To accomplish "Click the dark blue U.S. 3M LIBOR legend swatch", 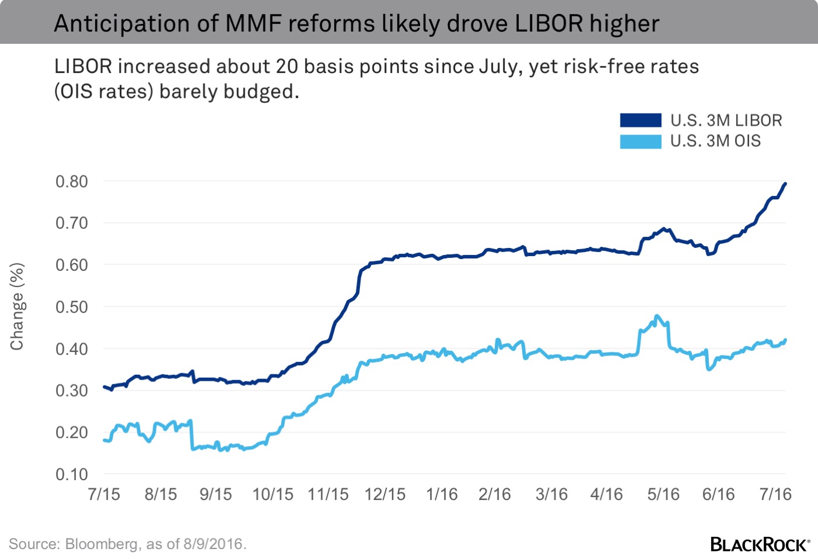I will pyautogui.click(x=640, y=120).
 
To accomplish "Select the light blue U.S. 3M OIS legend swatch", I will pyautogui.click(x=640, y=142).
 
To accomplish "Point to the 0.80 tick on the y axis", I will pyautogui.click(x=72, y=181).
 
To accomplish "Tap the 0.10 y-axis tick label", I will pyautogui.click(x=72, y=474).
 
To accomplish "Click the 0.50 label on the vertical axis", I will pyautogui.click(x=72, y=307).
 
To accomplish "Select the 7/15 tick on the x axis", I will pyautogui.click(x=104, y=494).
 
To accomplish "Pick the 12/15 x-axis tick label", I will pyautogui.click(x=384, y=494).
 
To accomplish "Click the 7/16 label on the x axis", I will pyautogui.click(x=775, y=494).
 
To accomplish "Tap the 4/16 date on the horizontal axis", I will pyautogui.click(x=606, y=494).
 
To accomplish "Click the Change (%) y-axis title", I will pyautogui.click(x=17, y=307).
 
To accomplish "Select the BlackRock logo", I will pyautogui.click(x=760, y=544).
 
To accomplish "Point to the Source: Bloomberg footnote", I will pyautogui.click(x=127, y=544).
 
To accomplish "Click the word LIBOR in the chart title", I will pyautogui.click(x=549, y=24).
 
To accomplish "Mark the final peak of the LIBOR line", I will pyautogui.click(x=785, y=184).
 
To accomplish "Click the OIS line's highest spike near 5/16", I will pyautogui.click(x=657, y=316).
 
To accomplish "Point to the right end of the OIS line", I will pyautogui.click(x=785, y=340).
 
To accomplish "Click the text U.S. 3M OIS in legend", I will pyautogui.click(x=715, y=141).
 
